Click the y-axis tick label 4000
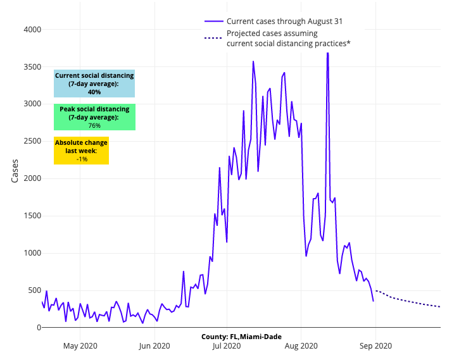(31, 30)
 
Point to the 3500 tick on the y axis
(31, 67)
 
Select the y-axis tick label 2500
(31, 141)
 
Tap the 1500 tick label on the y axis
(31, 216)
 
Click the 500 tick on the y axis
(33, 290)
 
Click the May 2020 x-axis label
(80, 345)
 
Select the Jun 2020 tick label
(154, 345)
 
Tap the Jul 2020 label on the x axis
(226, 345)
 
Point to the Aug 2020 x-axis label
(301, 345)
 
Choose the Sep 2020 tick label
(375, 345)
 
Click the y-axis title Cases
(15, 171)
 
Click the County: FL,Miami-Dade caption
(241, 337)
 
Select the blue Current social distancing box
(94, 84)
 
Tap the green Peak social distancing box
(94, 117)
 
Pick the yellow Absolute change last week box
(81, 151)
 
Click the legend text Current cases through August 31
(284, 22)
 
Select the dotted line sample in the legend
(213, 38)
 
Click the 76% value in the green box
(94, 125)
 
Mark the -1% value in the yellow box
(81, 159)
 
